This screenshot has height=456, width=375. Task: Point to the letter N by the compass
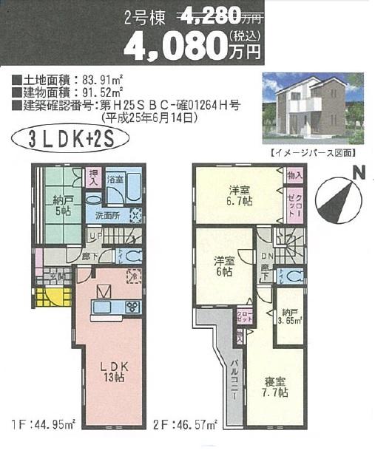coord(359,173)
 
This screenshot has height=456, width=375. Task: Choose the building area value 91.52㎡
coord(95,94)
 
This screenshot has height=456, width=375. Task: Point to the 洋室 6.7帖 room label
coord(238,194)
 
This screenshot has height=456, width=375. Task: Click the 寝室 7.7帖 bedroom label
coord(275,387)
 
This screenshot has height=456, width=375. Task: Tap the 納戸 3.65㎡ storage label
coord(289,316)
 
